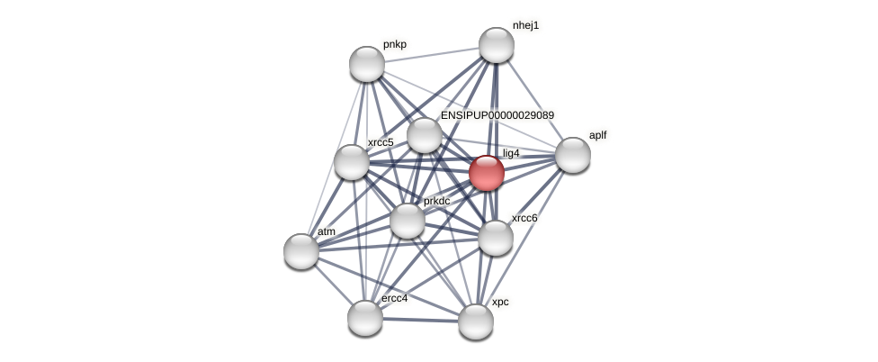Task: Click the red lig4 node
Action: click(487, 173)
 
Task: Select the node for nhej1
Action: click(496, 45)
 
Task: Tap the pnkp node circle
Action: click(367, 64)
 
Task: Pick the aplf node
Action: click(573, 155)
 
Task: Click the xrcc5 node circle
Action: click(352, 162)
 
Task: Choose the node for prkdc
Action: click(408, 221)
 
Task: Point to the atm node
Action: click(301, 251)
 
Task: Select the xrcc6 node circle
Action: click(496, 238)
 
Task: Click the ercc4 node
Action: click(365, 318)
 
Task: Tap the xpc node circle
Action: click(476, 321)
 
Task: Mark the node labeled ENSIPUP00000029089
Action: click(425, 135)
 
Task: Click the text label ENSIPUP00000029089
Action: click(497, 115)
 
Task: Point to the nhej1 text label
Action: click(526, 25)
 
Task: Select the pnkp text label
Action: click(395, 44)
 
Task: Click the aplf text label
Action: click(598, 135)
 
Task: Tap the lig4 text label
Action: click(511, 153)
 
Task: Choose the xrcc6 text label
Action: click(524, 218)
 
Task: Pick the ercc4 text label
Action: click(395, 298)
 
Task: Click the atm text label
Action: click(327, 231)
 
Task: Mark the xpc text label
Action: click(500, 302)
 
